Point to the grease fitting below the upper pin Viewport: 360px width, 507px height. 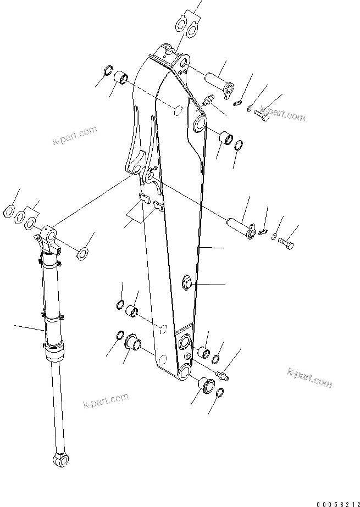coord(208,101)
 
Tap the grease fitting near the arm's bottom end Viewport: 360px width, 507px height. coord(224,375)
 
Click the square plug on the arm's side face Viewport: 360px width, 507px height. coord(187,283)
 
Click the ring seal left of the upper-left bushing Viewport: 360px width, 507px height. coord(109,71)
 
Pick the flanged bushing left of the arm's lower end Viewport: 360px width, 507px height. coord(132,343)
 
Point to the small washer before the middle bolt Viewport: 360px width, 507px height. coord(273,236)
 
